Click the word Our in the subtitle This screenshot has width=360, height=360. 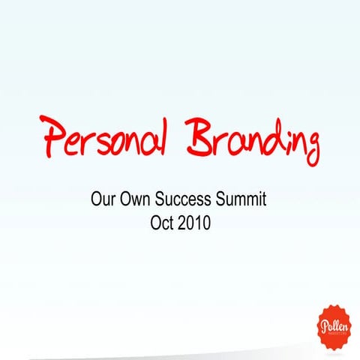(x=102, y=202)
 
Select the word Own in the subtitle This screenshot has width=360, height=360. (x=134, y=202)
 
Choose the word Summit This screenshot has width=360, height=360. (x=241, y=202)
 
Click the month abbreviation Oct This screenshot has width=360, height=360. (x=162, y=223)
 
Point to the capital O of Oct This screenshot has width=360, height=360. (x=154, y=223)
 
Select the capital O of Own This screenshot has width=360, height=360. (x=124, y=202)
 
